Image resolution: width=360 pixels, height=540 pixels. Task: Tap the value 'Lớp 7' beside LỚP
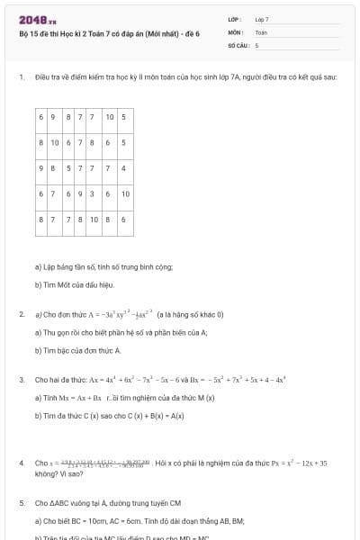262,19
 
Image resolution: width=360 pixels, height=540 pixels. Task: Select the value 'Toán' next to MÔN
261,31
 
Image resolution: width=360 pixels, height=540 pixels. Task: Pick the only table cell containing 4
123,168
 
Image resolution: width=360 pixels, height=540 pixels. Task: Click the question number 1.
21,77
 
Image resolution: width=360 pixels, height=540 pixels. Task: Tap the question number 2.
21,314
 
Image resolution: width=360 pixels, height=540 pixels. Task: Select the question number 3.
21,380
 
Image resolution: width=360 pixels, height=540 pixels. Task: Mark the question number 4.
21,463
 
